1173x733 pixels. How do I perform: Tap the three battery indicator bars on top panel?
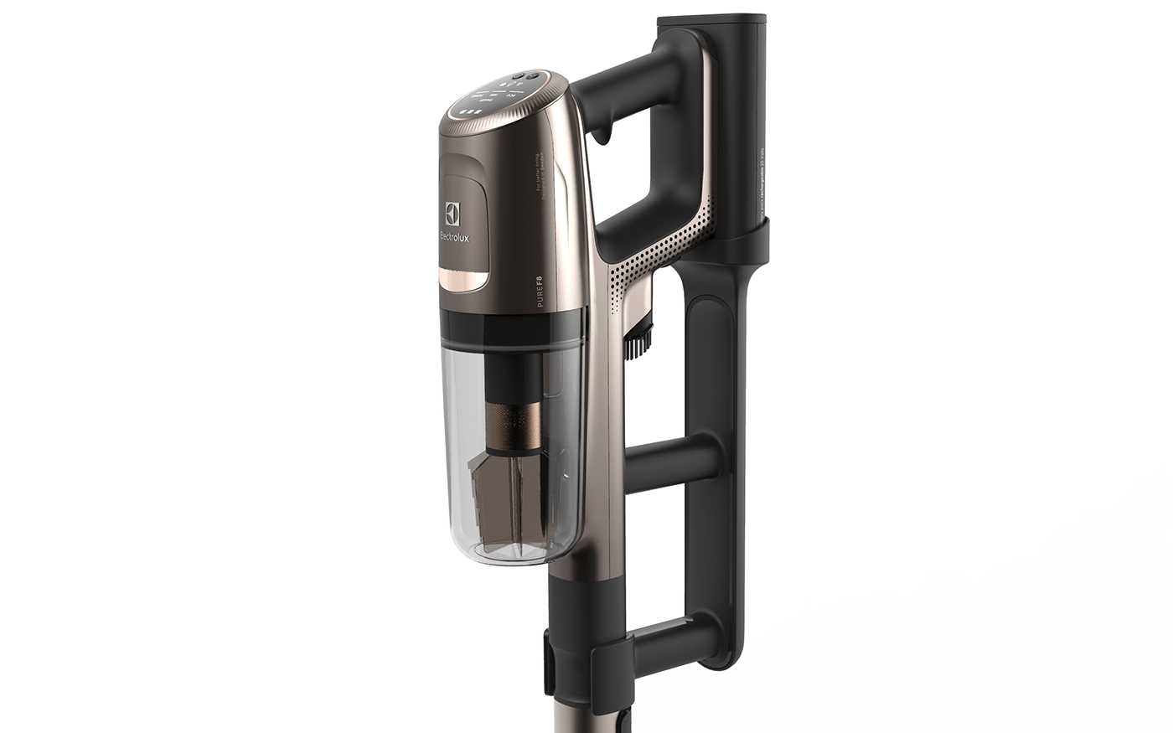click(467, 111)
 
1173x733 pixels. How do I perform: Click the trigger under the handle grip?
click(602, 130)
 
